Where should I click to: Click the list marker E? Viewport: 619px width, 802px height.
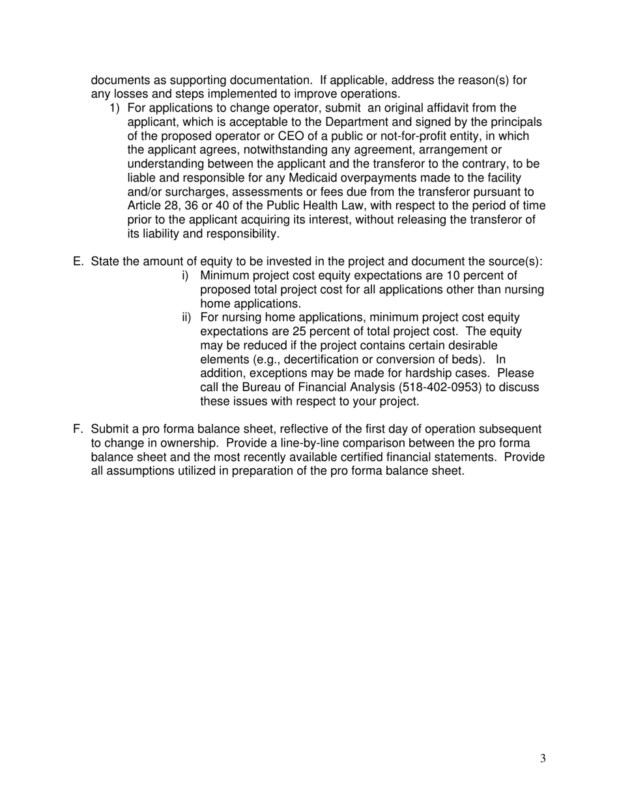78,261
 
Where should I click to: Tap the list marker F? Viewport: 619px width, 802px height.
78,429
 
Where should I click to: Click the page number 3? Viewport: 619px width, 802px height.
543,758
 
